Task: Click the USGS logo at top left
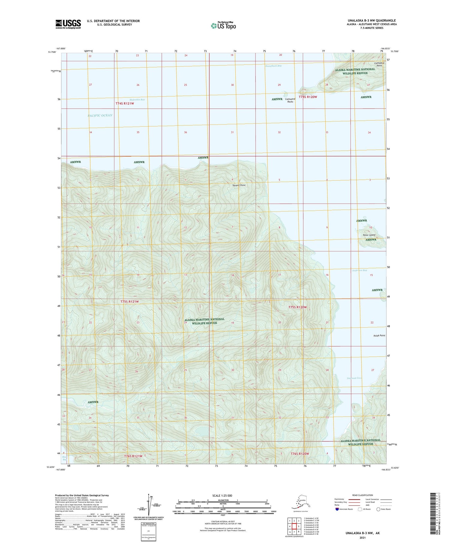(x=68, y=24)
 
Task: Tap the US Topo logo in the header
(x=223, y=26)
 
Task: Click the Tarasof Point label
(x=239, y=185)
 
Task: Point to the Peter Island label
(x=369, y=235)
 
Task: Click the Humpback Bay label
(x=273, y=66)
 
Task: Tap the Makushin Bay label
(x=137, y=100)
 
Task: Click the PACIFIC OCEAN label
(x=100, y=115)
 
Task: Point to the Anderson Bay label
(x=359, y=270)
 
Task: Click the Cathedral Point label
(x=379, y=64)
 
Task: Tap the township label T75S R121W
(x=130, y=301)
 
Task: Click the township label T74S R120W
(x=308, y=97)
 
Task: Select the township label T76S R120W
(x=300, y=454)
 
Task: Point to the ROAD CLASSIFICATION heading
(x=362, y=495)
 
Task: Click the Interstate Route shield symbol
(x=337, y=509)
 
